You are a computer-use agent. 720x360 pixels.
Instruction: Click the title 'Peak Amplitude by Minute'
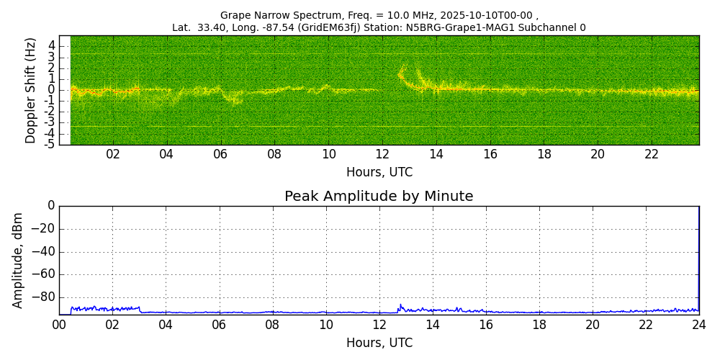tap(379, 197)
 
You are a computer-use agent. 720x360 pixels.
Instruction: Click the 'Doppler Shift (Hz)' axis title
tap(31, 91)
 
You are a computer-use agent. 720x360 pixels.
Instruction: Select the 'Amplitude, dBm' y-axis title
tap(19, 260)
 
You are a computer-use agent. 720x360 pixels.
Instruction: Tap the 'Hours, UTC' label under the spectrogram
tap(379, 173)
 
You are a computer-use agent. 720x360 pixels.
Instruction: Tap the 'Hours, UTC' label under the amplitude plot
tap(379, 343)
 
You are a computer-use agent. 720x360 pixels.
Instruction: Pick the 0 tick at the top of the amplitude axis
tap(51, 206)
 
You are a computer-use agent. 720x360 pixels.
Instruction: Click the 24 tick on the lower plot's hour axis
tap(699, 325)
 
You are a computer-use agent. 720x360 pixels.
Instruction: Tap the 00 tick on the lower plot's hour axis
tap(59, 325)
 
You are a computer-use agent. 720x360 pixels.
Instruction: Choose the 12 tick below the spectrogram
tap(382, 154)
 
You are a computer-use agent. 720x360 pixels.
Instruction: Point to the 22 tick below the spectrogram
tap(652, 154)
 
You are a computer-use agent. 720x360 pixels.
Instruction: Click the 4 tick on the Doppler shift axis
tap(52, 45)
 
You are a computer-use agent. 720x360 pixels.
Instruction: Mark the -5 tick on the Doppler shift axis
tap(50, 144)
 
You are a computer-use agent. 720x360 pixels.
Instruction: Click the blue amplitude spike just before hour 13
tap(400, 305)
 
